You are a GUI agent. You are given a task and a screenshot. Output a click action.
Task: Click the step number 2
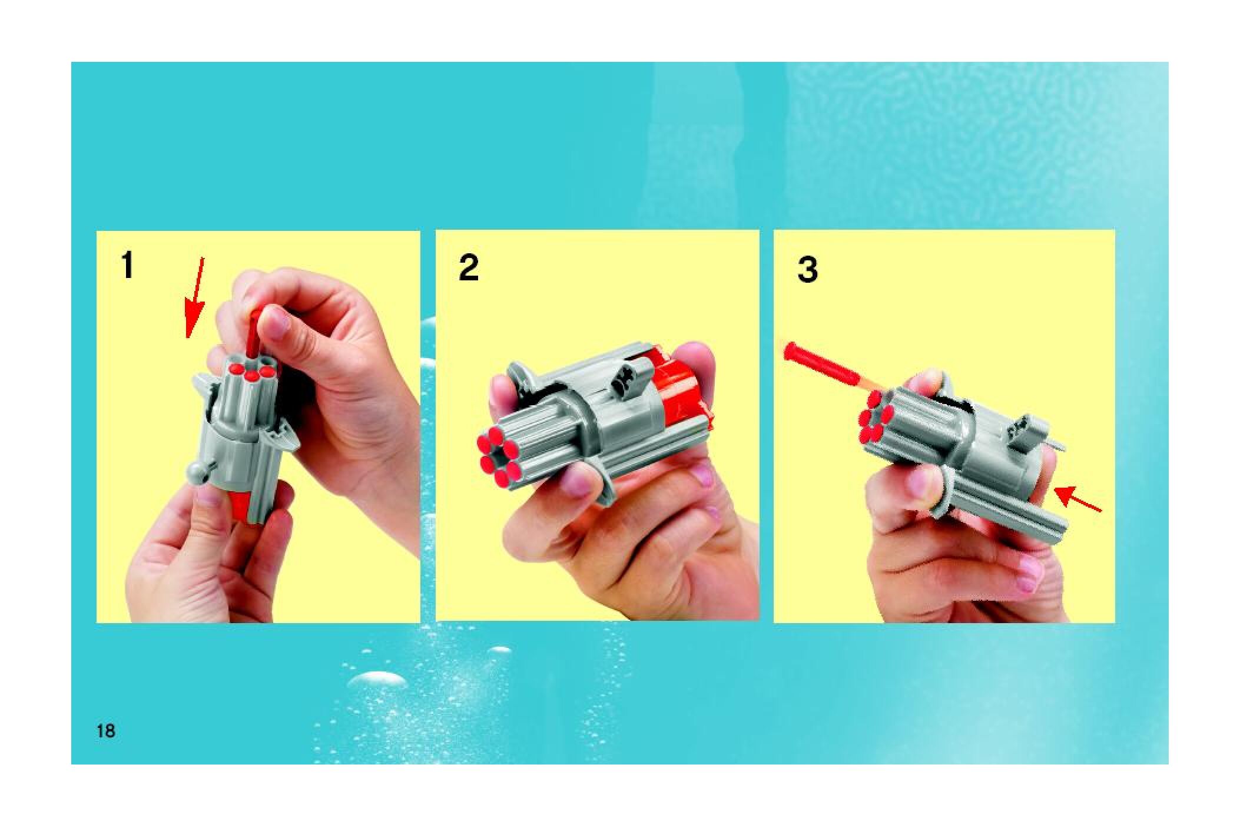469,268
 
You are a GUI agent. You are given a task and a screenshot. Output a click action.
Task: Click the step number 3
808,270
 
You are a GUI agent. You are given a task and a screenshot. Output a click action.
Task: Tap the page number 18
106,732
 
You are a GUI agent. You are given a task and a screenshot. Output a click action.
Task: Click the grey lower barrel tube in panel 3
1001,509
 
